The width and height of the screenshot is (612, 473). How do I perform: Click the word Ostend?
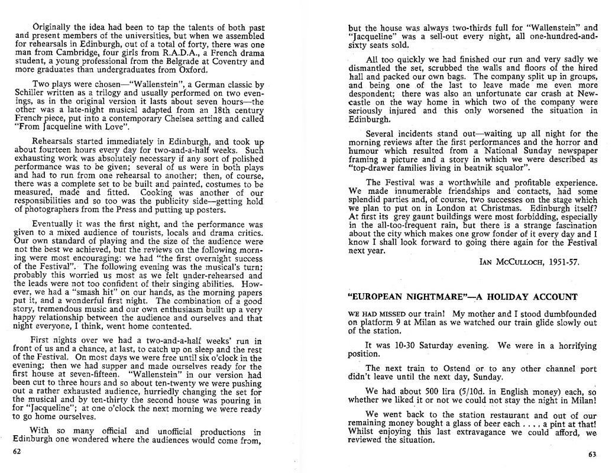(453, 368)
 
